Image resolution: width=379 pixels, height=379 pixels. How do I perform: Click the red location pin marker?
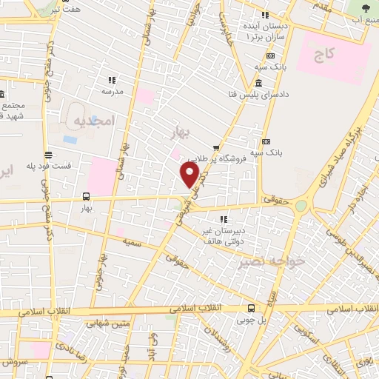[189, 175]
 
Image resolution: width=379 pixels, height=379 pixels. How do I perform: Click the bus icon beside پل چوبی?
[252, 308]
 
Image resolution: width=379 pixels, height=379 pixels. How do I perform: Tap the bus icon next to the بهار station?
[87, 197]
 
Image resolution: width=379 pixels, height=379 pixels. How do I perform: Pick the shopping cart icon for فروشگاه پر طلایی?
[216, 147]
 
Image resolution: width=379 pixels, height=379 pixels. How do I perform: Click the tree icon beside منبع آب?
[366, 7]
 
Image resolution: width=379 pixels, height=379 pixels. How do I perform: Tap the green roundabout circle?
[301, 205]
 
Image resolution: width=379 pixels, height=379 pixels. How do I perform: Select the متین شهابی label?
[107, 323]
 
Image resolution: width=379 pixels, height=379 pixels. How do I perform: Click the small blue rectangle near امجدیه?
[70, 138]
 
